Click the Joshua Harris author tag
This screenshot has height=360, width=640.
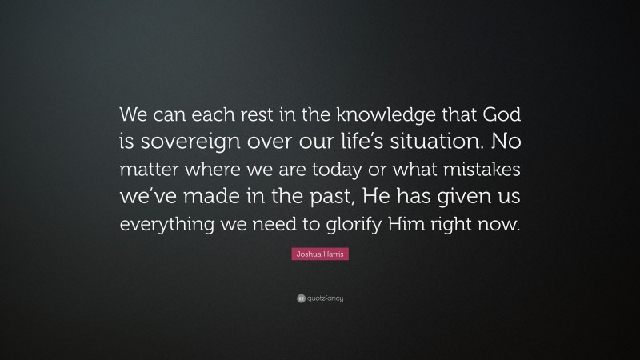click(x=320, y=254)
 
